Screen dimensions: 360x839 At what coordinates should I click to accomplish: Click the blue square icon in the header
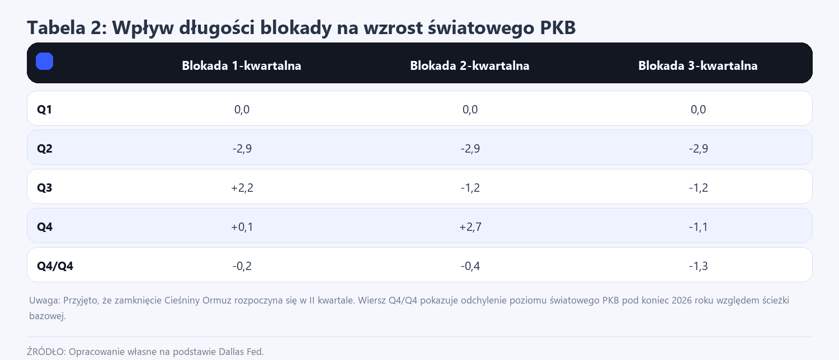pyautogui.click(x=44, y=61)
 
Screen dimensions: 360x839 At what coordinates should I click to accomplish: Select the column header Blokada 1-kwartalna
pyautogui.click(x=242, y=66)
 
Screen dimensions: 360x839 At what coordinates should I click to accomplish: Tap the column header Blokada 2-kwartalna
pyautogui.click(x=470, y=66)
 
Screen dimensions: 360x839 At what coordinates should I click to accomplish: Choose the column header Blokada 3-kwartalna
pyautogui.click(x=698, y=66)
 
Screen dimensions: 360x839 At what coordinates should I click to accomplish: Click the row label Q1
pyautogui.click(x=45, y=110)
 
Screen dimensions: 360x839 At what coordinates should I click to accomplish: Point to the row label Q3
pyautogui.click(x=45, y=188)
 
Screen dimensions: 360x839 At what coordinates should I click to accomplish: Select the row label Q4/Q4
pyautogui.click(x=55, y=266)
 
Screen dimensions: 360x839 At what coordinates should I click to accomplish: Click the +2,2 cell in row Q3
pyautogui.click(x=242, y=188)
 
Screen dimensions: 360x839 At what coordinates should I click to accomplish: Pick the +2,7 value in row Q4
pyautogui.click(x=470, y=227)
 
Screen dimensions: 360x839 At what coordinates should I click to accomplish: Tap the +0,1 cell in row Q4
pyautogui.click(x=242, y=227)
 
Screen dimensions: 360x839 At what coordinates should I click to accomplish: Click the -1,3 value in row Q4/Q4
pyautogui.click(x=698, y=266)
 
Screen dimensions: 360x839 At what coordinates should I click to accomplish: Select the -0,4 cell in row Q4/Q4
pyautogui.click(x=470, y=266)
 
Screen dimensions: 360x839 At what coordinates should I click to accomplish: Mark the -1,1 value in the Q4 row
pyautogui.click(x=698, y=227)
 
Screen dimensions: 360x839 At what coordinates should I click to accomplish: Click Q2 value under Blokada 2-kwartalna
pyautogui.click(x=470, y=149)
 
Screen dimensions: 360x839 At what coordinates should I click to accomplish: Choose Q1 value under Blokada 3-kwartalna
pyautogui.click(x=698, y=110)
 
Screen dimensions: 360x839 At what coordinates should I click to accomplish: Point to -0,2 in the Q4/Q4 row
pyautogui.click(x=242, y=266)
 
